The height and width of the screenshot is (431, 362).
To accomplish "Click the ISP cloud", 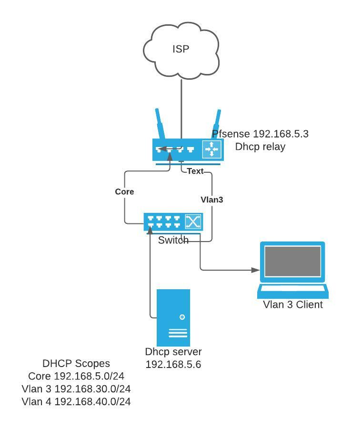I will [181, 50].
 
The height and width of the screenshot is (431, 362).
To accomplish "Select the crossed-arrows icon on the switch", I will [193, 221].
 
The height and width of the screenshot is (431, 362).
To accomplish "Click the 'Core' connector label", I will [124, 191].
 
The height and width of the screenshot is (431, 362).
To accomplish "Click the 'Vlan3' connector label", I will [211, 200].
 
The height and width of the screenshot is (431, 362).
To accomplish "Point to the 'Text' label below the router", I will [195, 171].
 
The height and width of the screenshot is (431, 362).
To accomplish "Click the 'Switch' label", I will [173, 240].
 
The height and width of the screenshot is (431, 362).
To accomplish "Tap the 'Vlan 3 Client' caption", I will [292, 305].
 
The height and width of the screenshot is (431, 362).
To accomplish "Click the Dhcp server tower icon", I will [173, 318].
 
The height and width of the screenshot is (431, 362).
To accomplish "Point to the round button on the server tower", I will [182, 317].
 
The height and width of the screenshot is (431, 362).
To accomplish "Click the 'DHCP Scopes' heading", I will [76, 364].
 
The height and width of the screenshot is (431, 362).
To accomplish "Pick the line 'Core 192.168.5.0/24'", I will [76, 376].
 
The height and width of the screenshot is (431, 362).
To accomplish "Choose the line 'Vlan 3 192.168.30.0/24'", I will [76, 389].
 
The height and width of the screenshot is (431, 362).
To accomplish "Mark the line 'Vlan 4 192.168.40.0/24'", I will [76, 401].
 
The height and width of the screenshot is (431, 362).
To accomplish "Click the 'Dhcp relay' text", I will [260, 147].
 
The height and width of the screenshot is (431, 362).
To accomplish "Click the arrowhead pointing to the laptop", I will [255, 270].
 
